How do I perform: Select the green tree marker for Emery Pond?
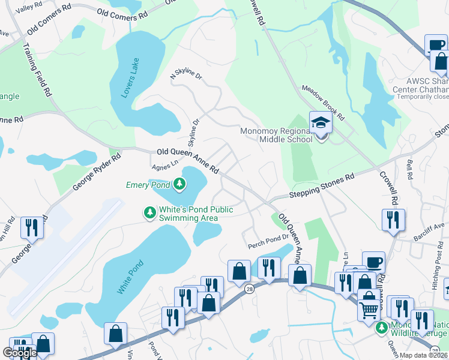(x=179, y=184)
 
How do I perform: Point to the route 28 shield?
(x=249, y=289)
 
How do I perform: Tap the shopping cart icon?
(x=369, y=310)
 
